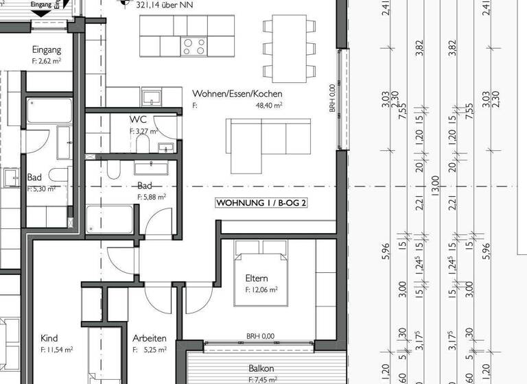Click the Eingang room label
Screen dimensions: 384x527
pos(47,49)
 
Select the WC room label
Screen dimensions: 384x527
pos(138,120)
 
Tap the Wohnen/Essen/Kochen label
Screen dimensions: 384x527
pos(237,93)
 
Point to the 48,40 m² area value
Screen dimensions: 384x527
pos(270,106)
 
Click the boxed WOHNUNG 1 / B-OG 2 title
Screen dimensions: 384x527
pos(261,203)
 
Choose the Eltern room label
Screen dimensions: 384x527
pos(256,278)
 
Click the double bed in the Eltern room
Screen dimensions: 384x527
pos(261,257)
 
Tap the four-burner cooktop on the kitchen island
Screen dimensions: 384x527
pos(194,47)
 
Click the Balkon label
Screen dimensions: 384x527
pos(261,368)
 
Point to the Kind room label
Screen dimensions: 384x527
pos(49,338)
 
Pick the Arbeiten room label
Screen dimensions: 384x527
pos(149,338)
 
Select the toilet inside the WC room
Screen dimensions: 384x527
pos(143,143)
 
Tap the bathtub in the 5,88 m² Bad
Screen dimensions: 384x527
pos(109,219)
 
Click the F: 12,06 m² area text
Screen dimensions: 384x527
pos(261,290)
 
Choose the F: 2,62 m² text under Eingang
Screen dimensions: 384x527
pos(47,61)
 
